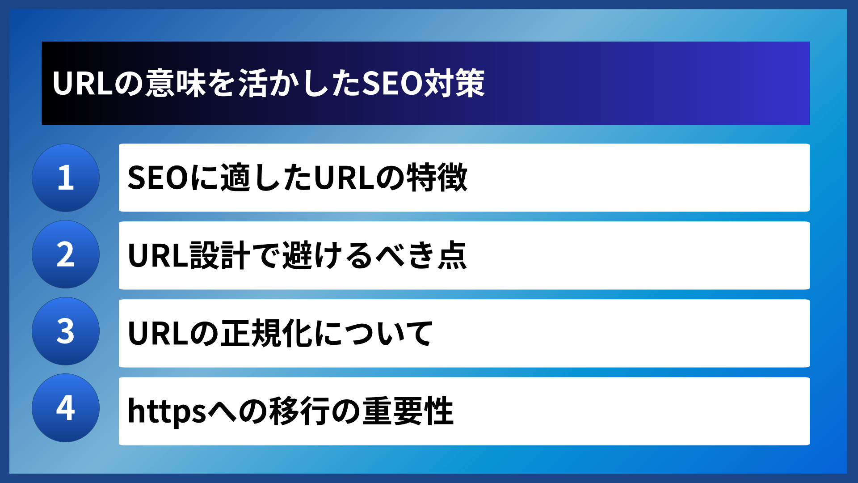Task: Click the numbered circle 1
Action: [x=66, y=178]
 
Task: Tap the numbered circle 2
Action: [x=66, y=254]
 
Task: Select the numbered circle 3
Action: [x=66, y=331]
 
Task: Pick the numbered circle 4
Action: [x=66, y=408]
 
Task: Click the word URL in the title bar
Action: [x=82, y=84]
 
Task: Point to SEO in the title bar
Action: [x=392, y=84]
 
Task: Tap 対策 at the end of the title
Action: [x=454, y=84]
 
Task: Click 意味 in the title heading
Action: [x=176, y=84]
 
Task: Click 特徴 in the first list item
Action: [x=437, y=178]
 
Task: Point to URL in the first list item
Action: [x=344, y=178]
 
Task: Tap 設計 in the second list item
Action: [x=220, y=255]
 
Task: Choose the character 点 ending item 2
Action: [x=452, y=255]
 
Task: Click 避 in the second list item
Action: [x=297, y=255]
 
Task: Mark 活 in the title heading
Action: [x=253, y=84]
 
